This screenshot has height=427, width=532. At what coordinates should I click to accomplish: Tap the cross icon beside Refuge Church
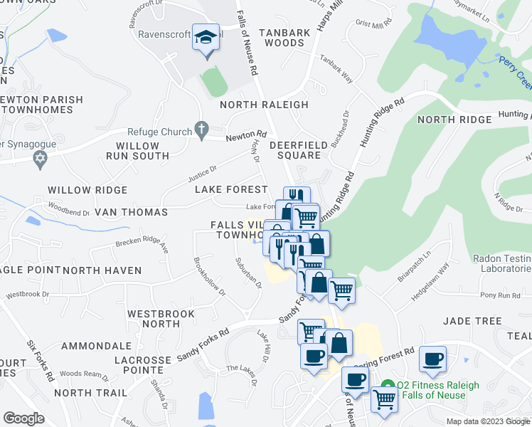tap(201, 131)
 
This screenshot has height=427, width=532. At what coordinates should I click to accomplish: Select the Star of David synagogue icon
tap(41, 157)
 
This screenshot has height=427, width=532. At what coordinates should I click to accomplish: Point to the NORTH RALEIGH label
tap(264, 105)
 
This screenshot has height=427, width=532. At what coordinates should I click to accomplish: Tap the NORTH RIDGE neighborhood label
tap(454, 120)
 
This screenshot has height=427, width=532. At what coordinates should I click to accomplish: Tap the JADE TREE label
tap(472, 321)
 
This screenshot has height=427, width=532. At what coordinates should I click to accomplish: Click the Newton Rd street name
tap(246, 136)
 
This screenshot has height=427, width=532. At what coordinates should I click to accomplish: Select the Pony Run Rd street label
tap(501, 295)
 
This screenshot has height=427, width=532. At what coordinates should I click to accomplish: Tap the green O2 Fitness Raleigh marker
tap(387, 385)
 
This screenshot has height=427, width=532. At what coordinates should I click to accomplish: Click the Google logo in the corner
tap(24, 418)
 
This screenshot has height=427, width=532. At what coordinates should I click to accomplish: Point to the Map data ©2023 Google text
tap(488, 421)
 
